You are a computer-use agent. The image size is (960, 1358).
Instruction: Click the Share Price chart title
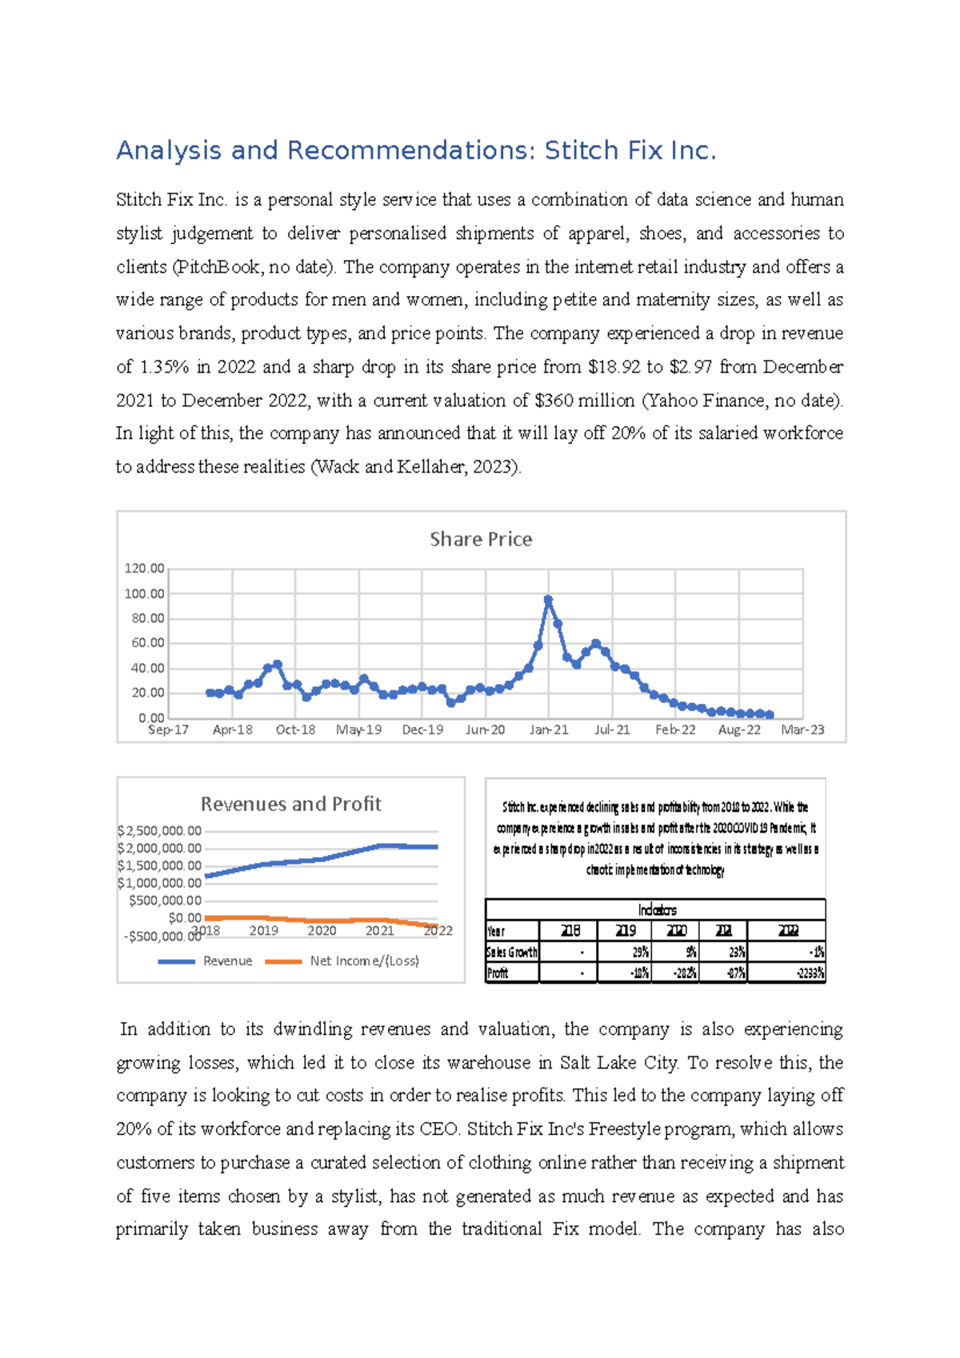481,539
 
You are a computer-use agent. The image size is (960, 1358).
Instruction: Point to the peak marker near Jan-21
548,599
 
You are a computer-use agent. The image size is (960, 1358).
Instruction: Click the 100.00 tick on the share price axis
144,593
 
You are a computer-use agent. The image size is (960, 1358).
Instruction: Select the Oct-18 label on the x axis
295,729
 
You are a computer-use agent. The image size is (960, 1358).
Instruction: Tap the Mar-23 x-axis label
802,729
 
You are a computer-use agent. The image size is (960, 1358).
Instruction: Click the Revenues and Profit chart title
290,804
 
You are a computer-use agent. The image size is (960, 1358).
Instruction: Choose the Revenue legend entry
206,961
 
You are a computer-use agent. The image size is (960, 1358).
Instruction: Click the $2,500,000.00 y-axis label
159,831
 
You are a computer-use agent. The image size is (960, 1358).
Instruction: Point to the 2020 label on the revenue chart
322,930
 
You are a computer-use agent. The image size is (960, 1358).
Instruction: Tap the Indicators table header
657,910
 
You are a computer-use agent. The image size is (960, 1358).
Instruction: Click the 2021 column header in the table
723,931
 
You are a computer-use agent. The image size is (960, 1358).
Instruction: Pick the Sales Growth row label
512,952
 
